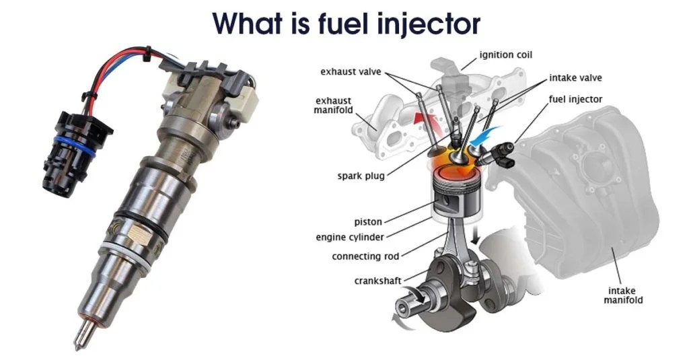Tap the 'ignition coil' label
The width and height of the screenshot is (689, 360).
click(506, 55)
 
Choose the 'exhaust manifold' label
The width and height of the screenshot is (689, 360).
click(334, 106)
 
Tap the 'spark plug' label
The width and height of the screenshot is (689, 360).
click(362, 176)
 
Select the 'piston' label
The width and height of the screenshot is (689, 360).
click(369, 221)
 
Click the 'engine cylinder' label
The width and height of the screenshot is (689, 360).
click(350, 238)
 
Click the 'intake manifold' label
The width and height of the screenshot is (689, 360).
click(620, 295)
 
